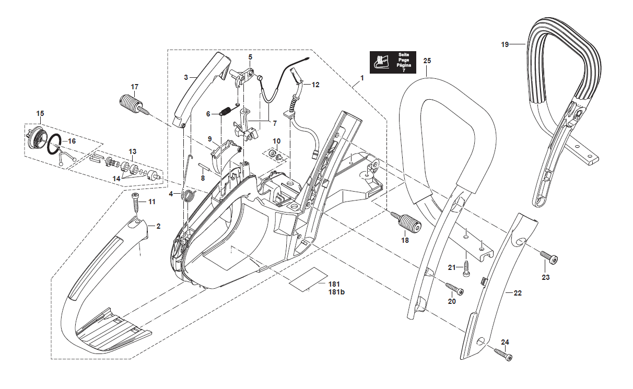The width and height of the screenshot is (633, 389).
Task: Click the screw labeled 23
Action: coord(548,257)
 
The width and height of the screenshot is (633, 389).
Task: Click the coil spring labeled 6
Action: coord(226,112)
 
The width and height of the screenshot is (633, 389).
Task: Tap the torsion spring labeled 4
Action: coord(189,196)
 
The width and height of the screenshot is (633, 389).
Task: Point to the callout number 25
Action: coord(427,61)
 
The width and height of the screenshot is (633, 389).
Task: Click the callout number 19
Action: coord(505,45)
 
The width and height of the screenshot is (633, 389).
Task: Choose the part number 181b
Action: coord(337,292)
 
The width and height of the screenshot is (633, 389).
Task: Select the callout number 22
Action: coord(518,293)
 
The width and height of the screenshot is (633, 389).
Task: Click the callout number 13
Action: coord(132,151)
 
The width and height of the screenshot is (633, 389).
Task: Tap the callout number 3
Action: coord(186,77)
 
